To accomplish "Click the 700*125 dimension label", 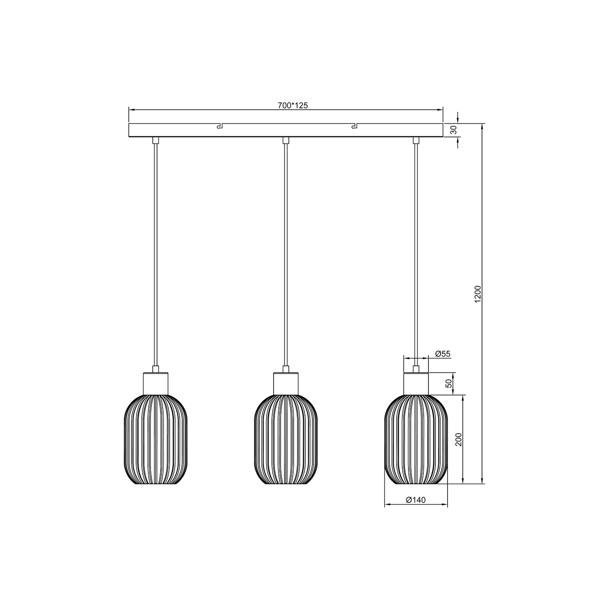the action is click(293, 105).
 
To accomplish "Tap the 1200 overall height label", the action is click(478, 294).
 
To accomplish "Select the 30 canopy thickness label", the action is click(454, 130).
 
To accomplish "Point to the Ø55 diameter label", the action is click(442, 354).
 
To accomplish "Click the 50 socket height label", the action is click(449, 384).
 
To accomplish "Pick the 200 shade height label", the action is click(458, 439).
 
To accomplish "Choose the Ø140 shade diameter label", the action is click(415, 500).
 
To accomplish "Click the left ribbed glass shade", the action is click(155, 439).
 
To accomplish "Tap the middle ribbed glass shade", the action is click(286, 439).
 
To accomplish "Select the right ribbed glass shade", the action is click(416, 439).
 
